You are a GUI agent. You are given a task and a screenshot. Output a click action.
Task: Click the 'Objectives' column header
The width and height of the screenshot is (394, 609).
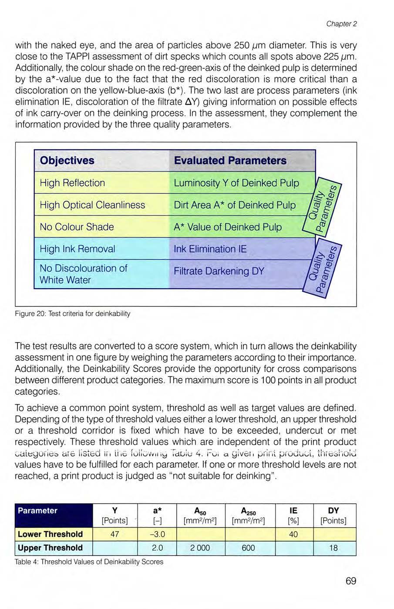click(x=67, y=160)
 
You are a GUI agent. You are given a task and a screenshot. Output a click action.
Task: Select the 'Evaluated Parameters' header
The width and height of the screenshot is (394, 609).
click(x=230, y=160)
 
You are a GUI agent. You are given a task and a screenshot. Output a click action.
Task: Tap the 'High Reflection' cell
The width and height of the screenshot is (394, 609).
click(x=72, y=183)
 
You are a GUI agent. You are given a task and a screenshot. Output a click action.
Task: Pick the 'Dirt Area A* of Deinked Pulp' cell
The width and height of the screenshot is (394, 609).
click(x=234, y=205)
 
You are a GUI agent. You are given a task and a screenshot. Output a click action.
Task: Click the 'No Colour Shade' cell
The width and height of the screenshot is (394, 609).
click(x=77, y=227)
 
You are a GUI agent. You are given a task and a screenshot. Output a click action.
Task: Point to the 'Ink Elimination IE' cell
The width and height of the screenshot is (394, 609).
click(x=210, y=249)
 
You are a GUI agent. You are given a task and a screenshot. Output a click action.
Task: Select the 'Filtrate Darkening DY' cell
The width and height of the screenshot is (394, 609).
click(x=219, y=271)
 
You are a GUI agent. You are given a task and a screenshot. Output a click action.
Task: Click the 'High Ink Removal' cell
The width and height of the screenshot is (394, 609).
click(x=77, y=249)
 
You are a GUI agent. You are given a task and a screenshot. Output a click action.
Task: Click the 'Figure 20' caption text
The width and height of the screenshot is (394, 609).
click(x=72, y=313)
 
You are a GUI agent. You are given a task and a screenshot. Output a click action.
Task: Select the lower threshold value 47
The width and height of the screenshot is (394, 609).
click(x=114, y=534)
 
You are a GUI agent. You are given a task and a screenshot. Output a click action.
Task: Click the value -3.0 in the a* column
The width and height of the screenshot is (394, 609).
click(x=157, y=534)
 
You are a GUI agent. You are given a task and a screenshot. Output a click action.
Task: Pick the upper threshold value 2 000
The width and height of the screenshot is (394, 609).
click(x=200, y=548)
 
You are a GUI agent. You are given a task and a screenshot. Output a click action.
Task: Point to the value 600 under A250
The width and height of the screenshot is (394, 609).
click(x=248, y=548)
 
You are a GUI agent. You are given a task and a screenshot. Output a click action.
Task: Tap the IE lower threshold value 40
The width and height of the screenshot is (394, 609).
click(x=293, y=534)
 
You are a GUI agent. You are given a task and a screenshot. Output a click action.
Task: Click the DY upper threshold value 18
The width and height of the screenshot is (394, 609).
click(x=333, y=548)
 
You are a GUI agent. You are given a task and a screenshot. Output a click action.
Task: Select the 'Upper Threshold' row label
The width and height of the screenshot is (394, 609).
click(x=50, y=548)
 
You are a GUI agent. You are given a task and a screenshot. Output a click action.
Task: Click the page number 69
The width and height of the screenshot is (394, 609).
click(x=351, y=581)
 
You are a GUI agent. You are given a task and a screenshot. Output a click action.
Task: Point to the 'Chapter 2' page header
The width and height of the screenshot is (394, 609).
click(x=342, y=24)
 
